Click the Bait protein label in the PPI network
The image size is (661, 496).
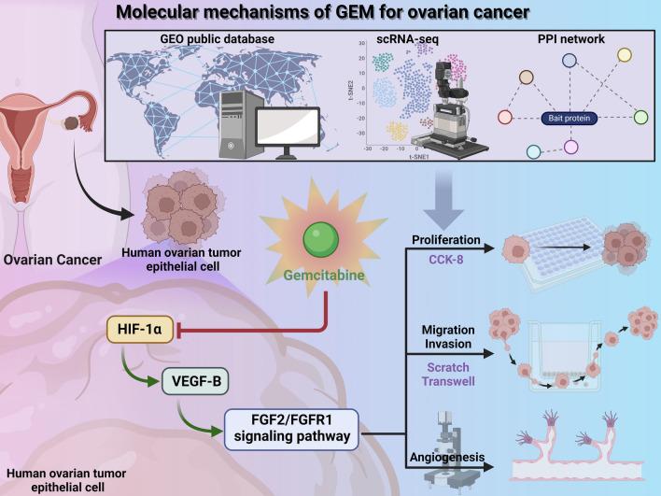point(568,120)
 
